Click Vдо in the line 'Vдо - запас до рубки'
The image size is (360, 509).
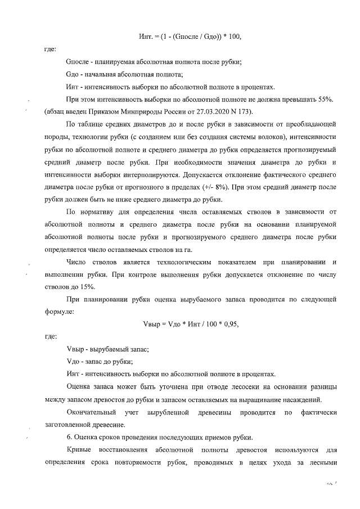click(x=74, y=361)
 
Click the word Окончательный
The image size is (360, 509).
click(x=92, y=412)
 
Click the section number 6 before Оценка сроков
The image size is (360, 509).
click(x=68, y=437)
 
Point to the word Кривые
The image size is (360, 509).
click(x=78, y=451)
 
